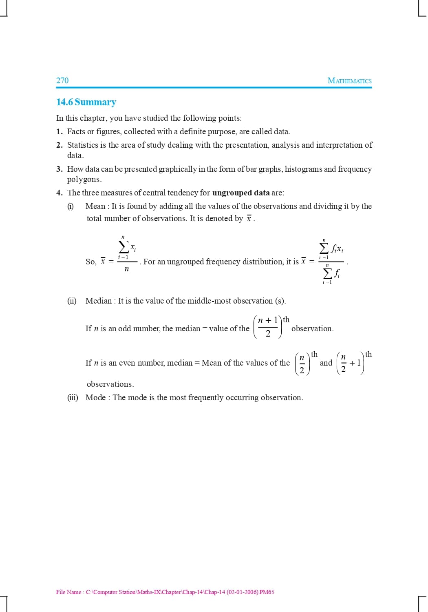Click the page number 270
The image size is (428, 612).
point(62,80)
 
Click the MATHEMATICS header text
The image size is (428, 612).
point(349,81)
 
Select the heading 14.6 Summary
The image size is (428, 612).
point(86,102)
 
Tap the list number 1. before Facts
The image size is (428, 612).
point(60,131)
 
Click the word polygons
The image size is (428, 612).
point(84,180)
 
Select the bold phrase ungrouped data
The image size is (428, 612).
point(241,193)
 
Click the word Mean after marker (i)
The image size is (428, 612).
point(95,206)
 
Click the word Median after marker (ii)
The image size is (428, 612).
point(99,301)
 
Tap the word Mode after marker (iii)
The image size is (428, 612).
point(95,397)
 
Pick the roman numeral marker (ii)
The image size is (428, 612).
point(72,301)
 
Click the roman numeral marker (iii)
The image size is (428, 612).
point(73,397)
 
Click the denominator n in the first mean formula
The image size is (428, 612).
point(126,269)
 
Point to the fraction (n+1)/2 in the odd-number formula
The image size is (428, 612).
point(268,327)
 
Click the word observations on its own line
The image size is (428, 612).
point(110,384)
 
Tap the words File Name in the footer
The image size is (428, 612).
point(68,592)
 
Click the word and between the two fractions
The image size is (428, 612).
point(326,363)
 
